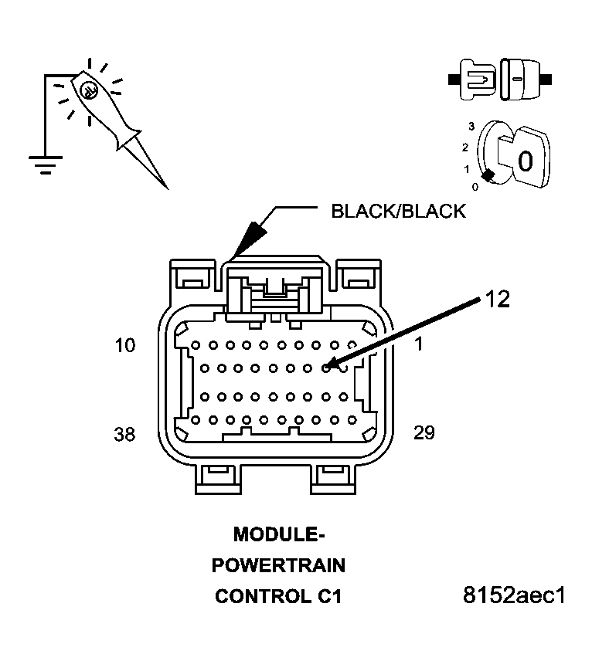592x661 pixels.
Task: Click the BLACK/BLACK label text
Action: (398, 211)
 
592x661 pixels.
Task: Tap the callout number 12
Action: (498, 300)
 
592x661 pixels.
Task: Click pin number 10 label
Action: (124, 345)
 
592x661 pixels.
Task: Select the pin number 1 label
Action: (418, 345)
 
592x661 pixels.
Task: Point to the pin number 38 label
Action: (124, 434)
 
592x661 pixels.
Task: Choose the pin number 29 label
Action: (424, 432)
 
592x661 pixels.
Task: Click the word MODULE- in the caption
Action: (278, 534)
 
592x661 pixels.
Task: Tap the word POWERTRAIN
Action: (278, 566)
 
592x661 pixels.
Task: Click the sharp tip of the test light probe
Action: (166, 188)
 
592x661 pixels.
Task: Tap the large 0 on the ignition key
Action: (526, 161)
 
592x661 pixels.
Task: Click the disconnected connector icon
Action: (498, 78)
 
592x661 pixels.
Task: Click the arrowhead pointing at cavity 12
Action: (331, 365)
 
